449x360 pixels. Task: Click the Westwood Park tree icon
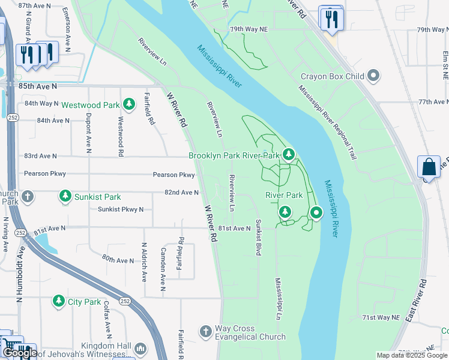[x=128, y=105]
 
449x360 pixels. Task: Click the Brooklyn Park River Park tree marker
[x=289, y=155]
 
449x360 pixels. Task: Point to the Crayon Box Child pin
[x=373, y=76]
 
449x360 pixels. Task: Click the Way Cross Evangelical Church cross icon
[x=205, y=332]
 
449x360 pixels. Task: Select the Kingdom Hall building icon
[x=140, y=348]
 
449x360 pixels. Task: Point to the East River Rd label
[x=416, y=300]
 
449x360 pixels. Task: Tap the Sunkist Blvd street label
[x=258, y=238]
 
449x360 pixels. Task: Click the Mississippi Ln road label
[x=278, y=298]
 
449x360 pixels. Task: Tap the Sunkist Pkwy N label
[x=121, y=209]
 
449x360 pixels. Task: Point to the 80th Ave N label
[x=118, y=260]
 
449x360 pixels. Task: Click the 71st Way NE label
[x=380, y=317]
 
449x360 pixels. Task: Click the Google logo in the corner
[x=19, y=353]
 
